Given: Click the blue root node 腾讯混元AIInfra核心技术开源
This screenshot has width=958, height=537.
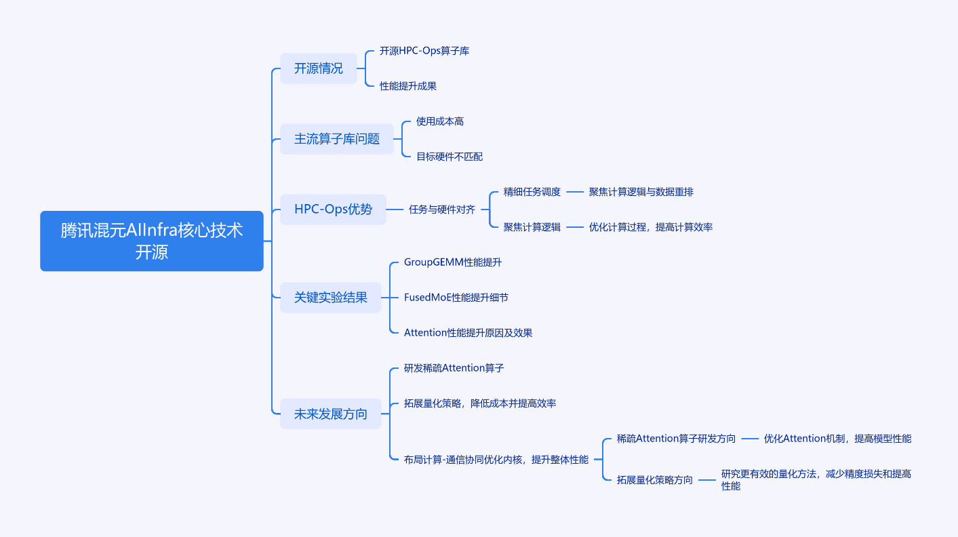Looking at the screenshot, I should click(x=152, y=241).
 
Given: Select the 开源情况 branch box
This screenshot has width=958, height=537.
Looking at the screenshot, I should click(x=319, y=68).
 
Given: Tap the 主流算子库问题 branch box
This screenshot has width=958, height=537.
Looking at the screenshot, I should click(x=337, y=139).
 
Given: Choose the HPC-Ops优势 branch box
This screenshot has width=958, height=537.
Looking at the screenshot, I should click(x=333, y=210).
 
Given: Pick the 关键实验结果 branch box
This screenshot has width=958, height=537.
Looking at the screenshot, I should click(x=331, y=297).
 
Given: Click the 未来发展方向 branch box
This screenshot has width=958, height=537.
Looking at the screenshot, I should click(x=331, y=414).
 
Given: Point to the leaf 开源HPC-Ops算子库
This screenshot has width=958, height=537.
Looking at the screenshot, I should click(x=424, y=51).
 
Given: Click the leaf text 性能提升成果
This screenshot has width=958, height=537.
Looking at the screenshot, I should click(x=408, y=86).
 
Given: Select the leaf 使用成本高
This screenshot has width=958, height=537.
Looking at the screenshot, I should click(x=440, y=121).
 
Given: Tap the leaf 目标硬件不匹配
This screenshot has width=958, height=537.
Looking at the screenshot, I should click(x=450, y=157).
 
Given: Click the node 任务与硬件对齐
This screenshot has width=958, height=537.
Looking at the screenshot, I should click(x=442, y=210).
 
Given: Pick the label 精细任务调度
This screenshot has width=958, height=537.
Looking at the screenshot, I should click(x=532, y=192).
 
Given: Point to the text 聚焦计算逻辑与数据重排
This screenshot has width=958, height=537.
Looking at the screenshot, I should click(x=641, y=192).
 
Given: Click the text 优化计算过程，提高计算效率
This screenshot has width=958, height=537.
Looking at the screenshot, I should click(x=651, y=227).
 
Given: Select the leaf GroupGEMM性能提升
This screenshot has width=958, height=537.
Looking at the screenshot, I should click(x=453, y=262).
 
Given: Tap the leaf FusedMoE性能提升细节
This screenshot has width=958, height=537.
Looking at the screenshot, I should click(x=456, y=297).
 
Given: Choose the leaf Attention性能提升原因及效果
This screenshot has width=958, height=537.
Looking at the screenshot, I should click(x=468, y=332).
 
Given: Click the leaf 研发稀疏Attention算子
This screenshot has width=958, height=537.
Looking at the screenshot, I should click(x=454, y=367).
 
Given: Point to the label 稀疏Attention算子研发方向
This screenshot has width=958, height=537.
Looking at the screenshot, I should click(x=676, y=439).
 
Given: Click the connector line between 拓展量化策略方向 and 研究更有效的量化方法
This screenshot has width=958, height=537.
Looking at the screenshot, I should click(x=707, y=480).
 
